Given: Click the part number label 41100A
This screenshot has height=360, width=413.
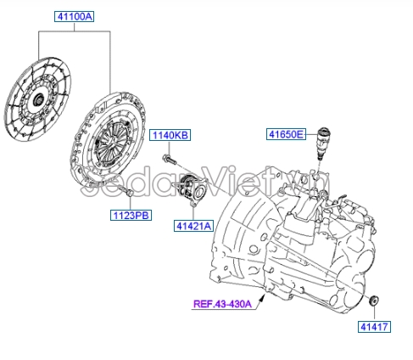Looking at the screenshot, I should (75, 16).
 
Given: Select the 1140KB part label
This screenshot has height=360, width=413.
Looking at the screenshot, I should (170, 135).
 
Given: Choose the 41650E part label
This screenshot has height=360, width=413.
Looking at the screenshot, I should (286, 133).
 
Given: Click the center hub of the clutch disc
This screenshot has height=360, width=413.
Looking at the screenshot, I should (37, 99).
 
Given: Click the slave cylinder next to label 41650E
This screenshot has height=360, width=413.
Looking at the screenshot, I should (322, 142).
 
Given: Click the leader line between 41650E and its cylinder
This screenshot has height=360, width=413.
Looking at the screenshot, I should (310, 133).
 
